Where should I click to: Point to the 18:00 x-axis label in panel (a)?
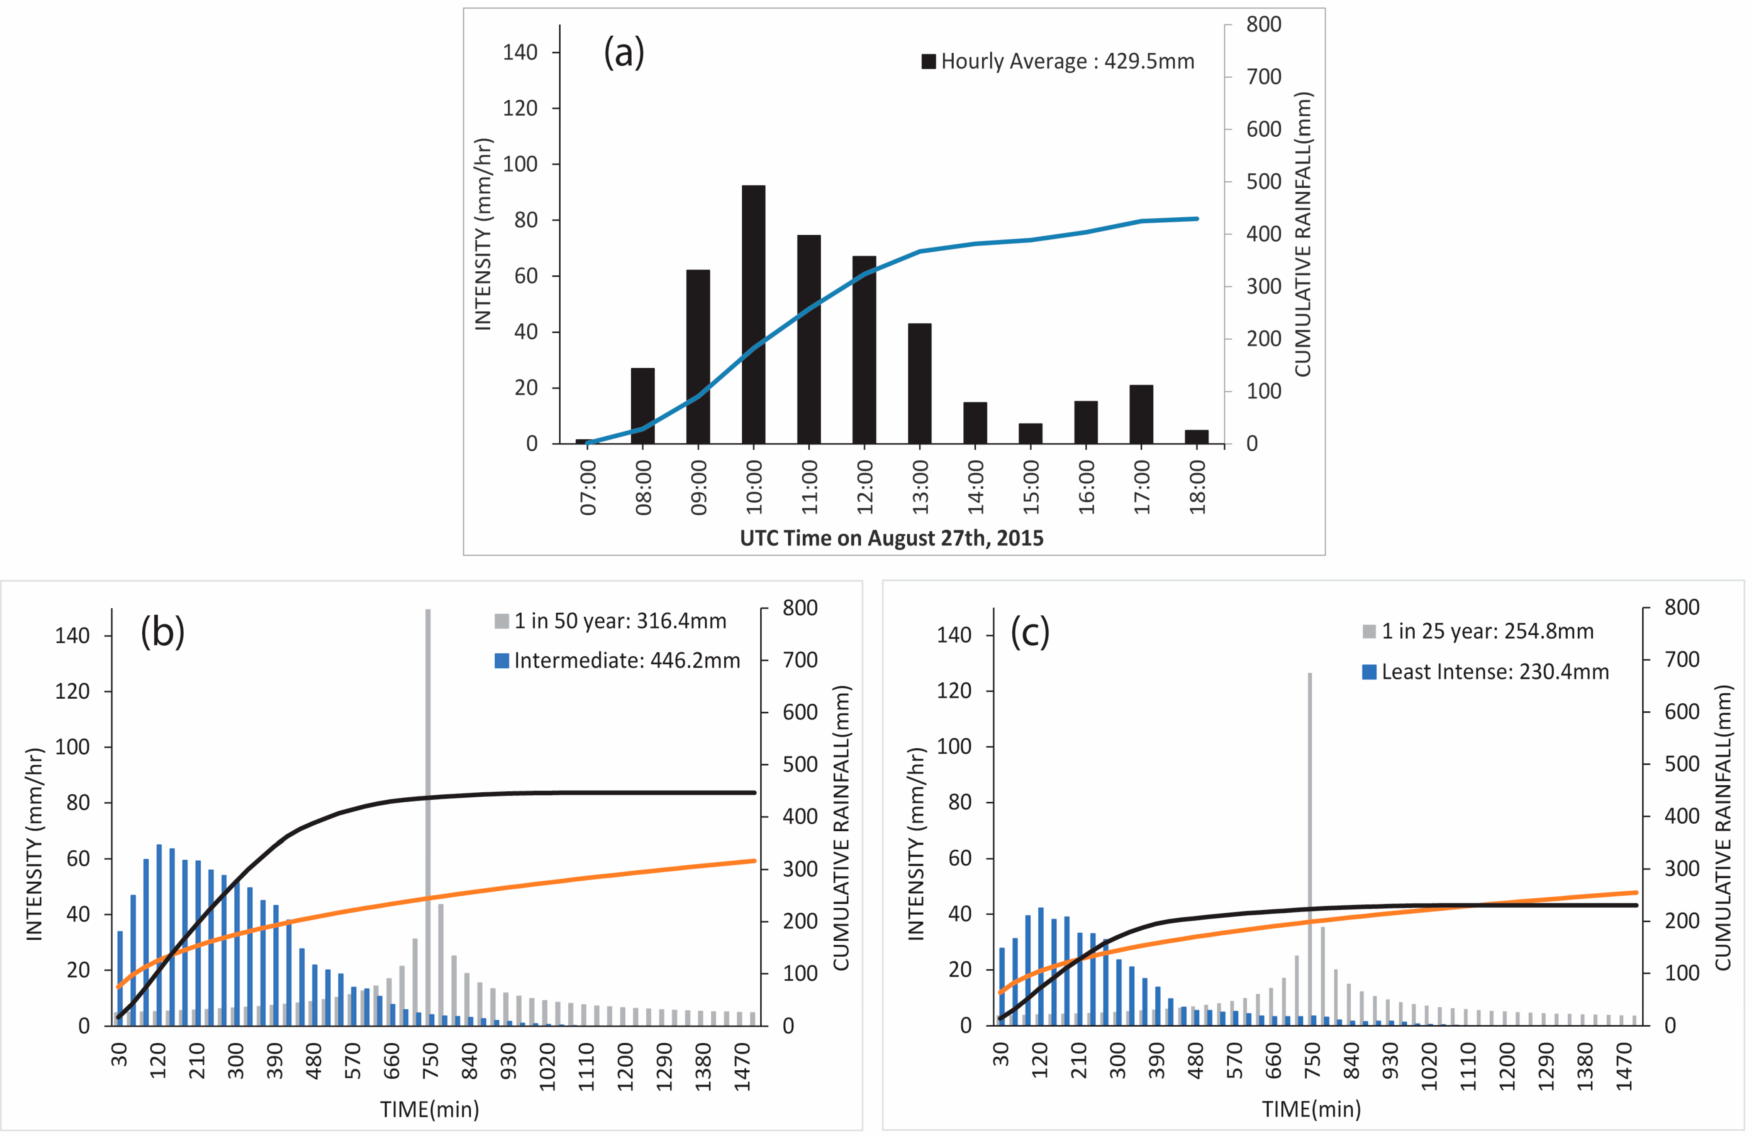click(x=1198, y=487)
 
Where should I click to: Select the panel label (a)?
click(x=624, y=53)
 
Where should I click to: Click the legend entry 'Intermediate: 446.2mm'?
click(x=617, y=661)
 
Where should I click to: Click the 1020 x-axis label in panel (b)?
click(x=547, y=1066)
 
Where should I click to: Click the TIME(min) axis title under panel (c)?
click(x=1311, y=1109)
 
